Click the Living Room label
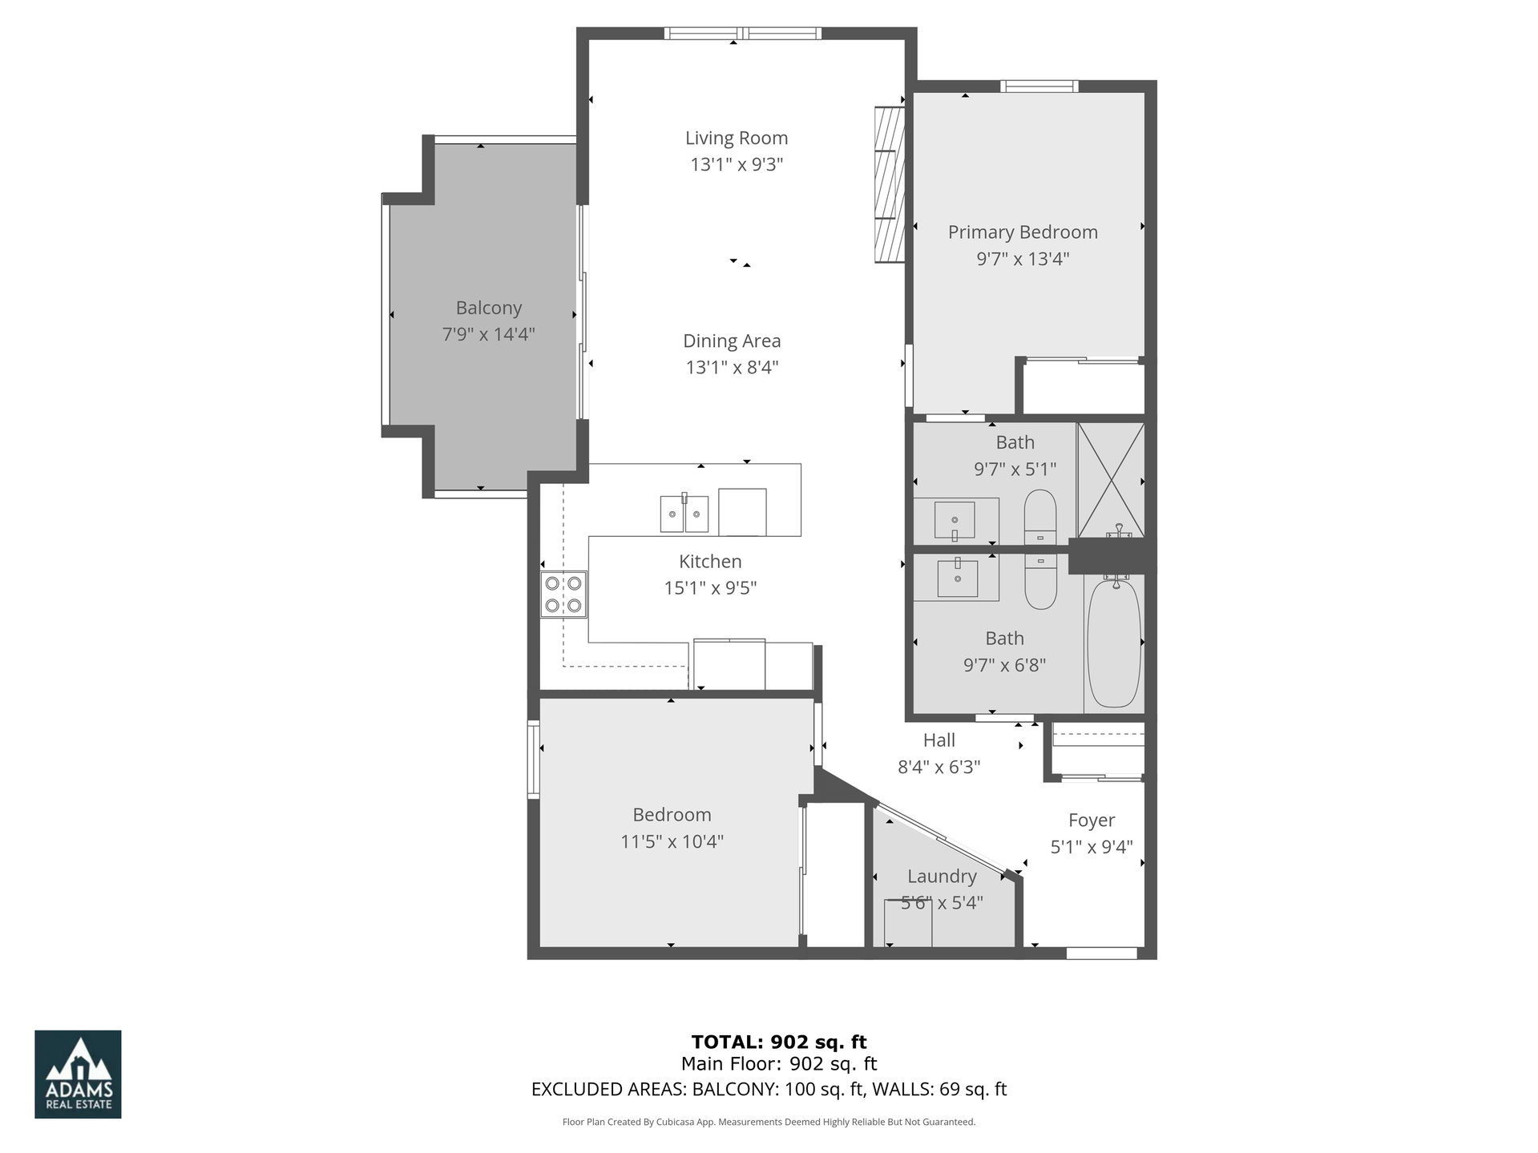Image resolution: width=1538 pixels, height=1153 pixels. (736, 138)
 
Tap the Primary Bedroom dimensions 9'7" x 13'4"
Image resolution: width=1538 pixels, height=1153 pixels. (1023, 259)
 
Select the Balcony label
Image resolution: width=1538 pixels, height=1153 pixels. (488, 308)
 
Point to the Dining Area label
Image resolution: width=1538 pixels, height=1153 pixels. (732, 341)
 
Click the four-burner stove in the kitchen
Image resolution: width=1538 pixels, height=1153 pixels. (563, 594)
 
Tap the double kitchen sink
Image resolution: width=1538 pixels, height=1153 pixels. (684, 514)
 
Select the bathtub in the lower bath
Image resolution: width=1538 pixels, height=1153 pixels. (1113, 643)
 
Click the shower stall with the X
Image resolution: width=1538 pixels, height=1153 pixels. (1110, 480)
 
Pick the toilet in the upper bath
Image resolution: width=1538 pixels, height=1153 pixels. (1040, 517)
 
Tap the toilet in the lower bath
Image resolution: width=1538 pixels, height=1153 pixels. (1041, 581)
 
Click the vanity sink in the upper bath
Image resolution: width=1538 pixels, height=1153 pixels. (955, 520)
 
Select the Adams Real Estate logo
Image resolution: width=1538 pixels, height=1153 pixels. (78, 1074)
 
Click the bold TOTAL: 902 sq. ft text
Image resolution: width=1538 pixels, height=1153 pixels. (779, 1042)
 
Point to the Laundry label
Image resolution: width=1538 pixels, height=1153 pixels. (942, 877)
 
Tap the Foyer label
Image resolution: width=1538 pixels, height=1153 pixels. (1092, 820)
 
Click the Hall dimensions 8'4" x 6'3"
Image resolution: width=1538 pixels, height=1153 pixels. (939, 767)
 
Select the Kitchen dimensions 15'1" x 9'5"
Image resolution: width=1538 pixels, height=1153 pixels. (710, 588)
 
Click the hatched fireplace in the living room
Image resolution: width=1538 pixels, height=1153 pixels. (889, 184)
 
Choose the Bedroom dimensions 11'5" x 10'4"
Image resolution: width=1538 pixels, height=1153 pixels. (672, 841)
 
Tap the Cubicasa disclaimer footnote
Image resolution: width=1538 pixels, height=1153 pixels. (769, 1122)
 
